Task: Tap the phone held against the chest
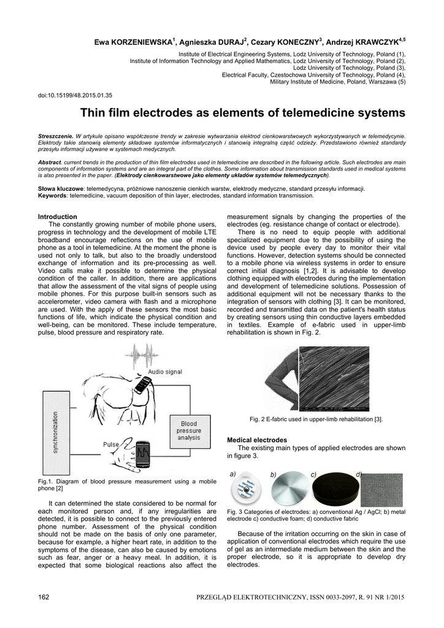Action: click(142, 385)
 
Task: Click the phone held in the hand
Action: click(144, 453)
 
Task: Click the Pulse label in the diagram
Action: click(111, 444)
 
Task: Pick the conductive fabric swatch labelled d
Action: click(381, 489)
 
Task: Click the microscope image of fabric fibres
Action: click(334, 379)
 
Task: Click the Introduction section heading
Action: click(58, 216)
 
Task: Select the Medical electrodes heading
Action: click(257, 440)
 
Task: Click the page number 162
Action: click(44, 597)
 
